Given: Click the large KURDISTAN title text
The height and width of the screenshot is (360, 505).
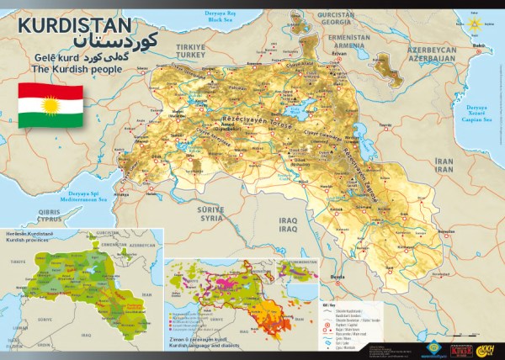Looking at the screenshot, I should [75, 26].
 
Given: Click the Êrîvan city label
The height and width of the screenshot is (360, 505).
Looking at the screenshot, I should [340, 53].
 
